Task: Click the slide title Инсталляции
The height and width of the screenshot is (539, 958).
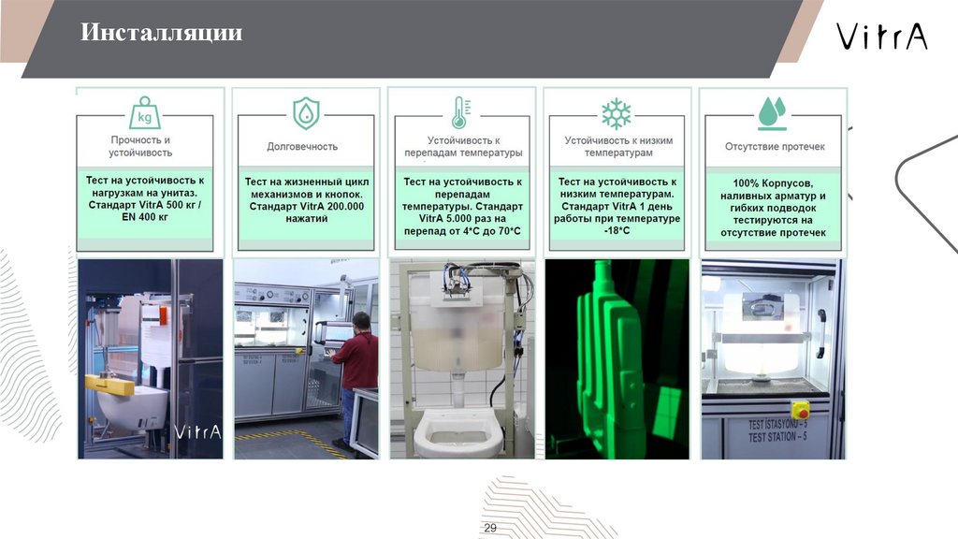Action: (161, 33)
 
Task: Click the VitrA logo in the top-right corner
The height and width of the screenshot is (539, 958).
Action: (881, 36)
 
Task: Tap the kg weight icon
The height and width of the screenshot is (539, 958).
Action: (145, 113)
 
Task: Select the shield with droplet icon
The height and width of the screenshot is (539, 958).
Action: (306, 113)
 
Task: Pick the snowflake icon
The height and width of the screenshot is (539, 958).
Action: (616, 113)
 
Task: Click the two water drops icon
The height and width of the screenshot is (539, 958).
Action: (772, 113)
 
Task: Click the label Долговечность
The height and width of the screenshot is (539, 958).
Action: (302, 147)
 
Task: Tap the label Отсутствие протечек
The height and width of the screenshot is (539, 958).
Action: (775, 147)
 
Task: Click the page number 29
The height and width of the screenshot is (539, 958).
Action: (490, 528)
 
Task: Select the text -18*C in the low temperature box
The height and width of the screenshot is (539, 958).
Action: (617, 231)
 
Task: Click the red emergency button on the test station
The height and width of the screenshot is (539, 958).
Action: (801, 410)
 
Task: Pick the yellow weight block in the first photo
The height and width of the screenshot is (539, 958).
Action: (109, 383)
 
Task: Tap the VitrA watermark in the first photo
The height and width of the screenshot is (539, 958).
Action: (197, 432)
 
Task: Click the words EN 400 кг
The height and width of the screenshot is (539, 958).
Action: (145, 217)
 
